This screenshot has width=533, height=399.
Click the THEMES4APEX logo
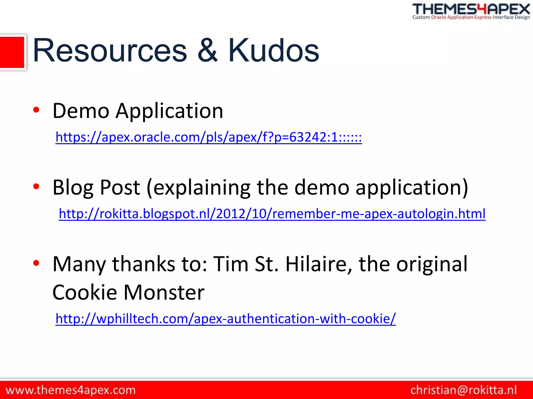click(471, 11)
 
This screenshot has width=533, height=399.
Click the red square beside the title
click(12, 52)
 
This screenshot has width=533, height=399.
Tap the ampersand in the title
click(207, 50)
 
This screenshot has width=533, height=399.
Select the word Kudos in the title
click(273, 50)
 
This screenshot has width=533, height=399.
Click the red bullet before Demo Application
click(36, 110)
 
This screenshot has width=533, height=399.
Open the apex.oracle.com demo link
click(208, 137)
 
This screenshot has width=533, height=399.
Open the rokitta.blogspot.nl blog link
click(272, 214)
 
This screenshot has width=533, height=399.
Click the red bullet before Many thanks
click(36, 263)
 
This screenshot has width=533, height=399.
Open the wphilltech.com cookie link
click(226, 318)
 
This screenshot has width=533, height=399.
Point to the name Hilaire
click(319, 264)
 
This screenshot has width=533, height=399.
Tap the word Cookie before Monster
click(85, 292)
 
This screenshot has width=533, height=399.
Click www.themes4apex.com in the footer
click(71, 390)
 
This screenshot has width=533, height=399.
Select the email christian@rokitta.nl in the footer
click(464, 390)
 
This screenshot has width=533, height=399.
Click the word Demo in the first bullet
click(81, 111)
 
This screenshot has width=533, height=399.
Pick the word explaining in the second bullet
click(202, 188)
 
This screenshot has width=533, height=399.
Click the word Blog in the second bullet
click(73, 188)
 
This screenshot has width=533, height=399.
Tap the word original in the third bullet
click(432, 264)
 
